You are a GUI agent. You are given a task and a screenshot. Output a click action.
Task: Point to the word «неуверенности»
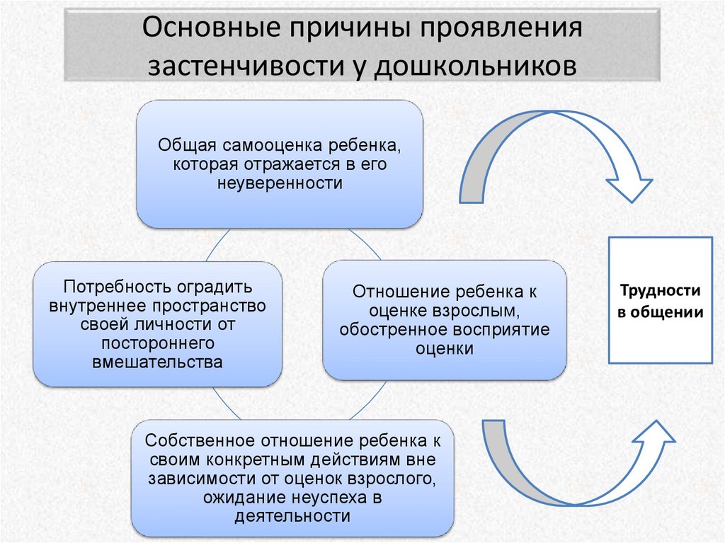280,183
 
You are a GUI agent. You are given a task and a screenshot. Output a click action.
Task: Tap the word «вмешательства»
157,362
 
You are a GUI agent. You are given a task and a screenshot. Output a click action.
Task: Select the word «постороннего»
157,343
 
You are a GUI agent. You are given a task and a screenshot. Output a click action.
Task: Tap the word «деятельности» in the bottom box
292,515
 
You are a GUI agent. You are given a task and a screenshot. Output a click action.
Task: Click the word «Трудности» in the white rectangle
661,290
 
